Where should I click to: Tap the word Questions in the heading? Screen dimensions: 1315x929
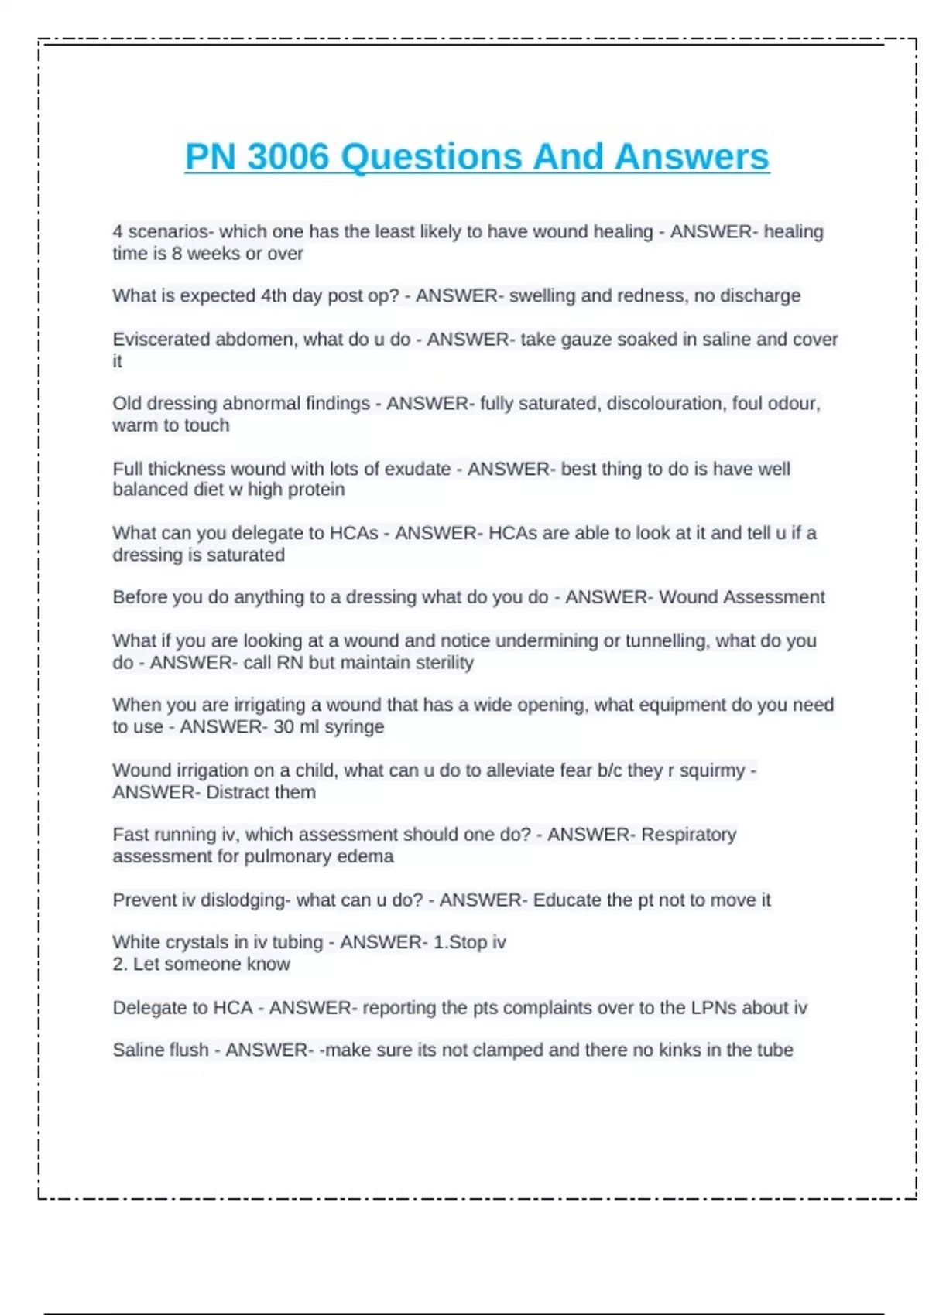432,157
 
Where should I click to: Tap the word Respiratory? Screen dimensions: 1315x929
688,835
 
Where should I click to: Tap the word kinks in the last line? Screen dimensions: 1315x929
681,1050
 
